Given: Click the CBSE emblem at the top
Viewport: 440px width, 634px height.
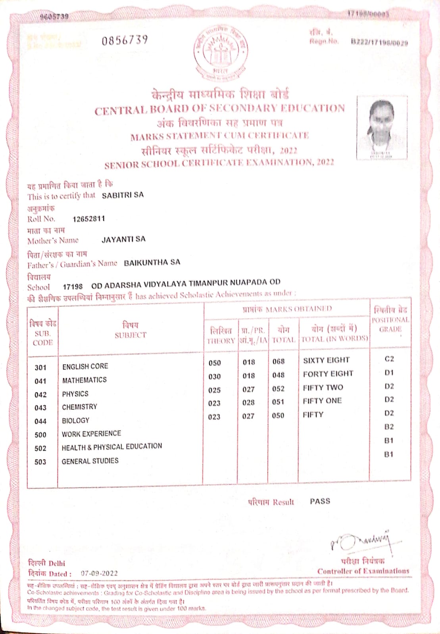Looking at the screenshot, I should pyautogui.click(x=221, y=52).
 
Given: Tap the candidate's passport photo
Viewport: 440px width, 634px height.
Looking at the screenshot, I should pyautogui.click(x=382, y=127).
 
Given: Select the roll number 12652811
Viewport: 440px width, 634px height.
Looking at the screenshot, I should pyautogui.click(x=89, y=219).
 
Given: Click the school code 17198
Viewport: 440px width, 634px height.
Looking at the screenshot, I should pyautogui.click(x=73, y=286).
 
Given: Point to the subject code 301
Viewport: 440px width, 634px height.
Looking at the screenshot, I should pyautogui.click(x=40, y=368).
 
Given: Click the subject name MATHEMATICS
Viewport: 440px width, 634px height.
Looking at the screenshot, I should pyautogui.click(x=85, y=380).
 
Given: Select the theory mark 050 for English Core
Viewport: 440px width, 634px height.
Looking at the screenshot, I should pyautogui.click(x=215, y=363).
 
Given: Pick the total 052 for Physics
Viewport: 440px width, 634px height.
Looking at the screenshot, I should pyautogui.click(x=278, y=389).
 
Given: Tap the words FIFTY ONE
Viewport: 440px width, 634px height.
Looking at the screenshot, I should pyautogui.click(x=322, y=401).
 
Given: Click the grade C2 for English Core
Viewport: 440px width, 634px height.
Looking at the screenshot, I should pyautogui.click(x=389, y=359).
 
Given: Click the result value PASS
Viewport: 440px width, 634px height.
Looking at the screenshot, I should pyautogui.click(x=320, y=501).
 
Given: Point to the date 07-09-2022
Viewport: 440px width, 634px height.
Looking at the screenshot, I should pyautogui.click(x=99, y=573).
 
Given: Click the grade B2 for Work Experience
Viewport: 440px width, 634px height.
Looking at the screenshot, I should pyautogui.click(x=389, y=427).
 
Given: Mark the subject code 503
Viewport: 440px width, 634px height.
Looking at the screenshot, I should pyautogui.click(x=40, y=462).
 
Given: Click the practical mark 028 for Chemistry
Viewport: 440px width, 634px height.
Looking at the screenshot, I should pyautogui.click(x=248, y=402).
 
